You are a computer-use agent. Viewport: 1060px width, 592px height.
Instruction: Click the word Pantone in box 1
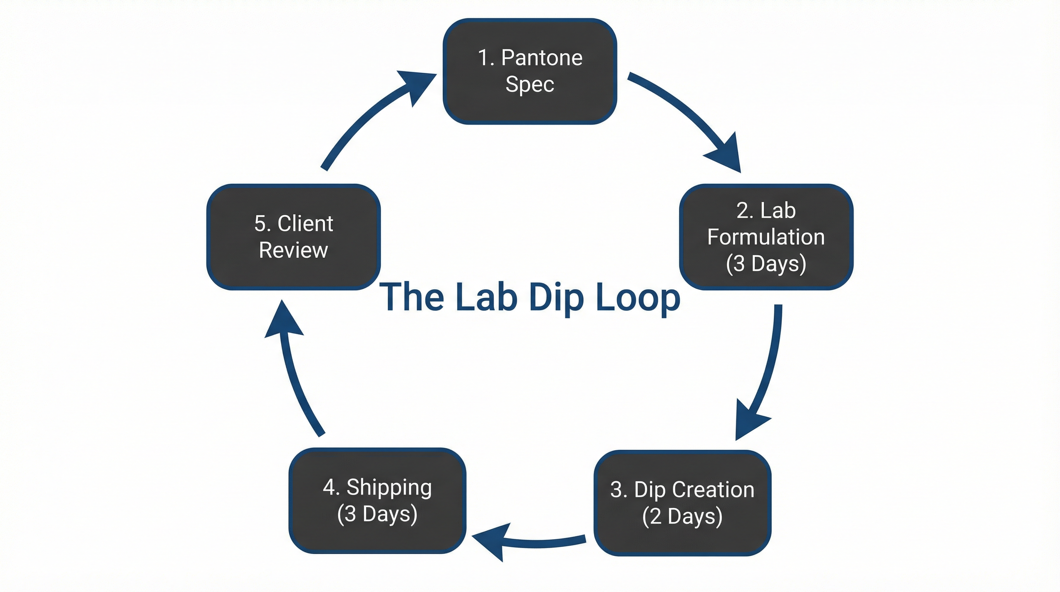(x=542, y=58)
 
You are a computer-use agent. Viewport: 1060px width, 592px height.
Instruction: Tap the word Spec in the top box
(x=530, y=85)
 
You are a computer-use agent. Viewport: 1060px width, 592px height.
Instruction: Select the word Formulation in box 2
(x=766, y=237)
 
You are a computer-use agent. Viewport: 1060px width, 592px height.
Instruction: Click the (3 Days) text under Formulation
(x=766, y=264)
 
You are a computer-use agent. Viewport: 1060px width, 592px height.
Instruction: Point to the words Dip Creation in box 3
(x=694, y=490)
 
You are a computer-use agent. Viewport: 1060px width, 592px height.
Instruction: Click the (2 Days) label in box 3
(x=682, y=516)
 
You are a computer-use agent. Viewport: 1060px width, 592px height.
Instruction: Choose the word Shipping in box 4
(x=389, y=488)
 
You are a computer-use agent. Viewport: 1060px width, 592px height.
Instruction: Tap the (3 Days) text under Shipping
(x=377, y=514)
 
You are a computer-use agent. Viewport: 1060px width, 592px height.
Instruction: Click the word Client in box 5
(x=305, y=224)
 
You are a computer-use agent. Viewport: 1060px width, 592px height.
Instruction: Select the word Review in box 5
(x=294, y=250)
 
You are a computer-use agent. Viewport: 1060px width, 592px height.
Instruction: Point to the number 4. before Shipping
(x=331, y=488)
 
